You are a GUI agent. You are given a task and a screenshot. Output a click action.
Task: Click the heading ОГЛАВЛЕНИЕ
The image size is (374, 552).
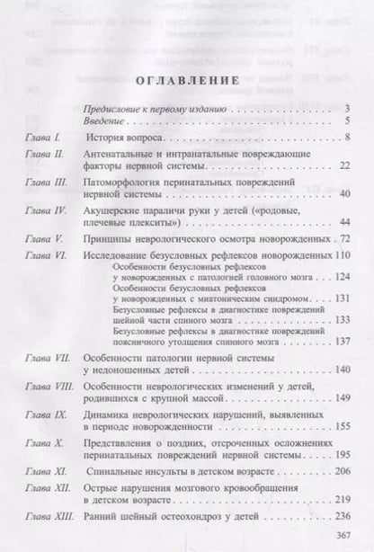pos(186,81)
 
